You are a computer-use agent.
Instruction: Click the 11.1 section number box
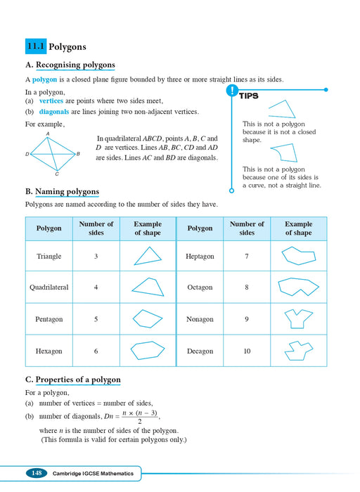[x=35, y=47]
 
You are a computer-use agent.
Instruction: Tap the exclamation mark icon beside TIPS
[x=231, y=91]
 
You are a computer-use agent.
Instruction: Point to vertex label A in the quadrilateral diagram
[x=48, y=133]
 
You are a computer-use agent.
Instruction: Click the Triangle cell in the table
[x=49, y=257]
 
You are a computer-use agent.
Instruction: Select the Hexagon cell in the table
[x=49, y=351]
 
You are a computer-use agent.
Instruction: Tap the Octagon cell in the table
[x=200, y=287]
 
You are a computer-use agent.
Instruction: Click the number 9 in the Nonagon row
[x=247, y=319]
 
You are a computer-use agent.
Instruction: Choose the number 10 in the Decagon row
[x=247, y=351]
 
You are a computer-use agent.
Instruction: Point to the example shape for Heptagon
[x=298, y=256]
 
